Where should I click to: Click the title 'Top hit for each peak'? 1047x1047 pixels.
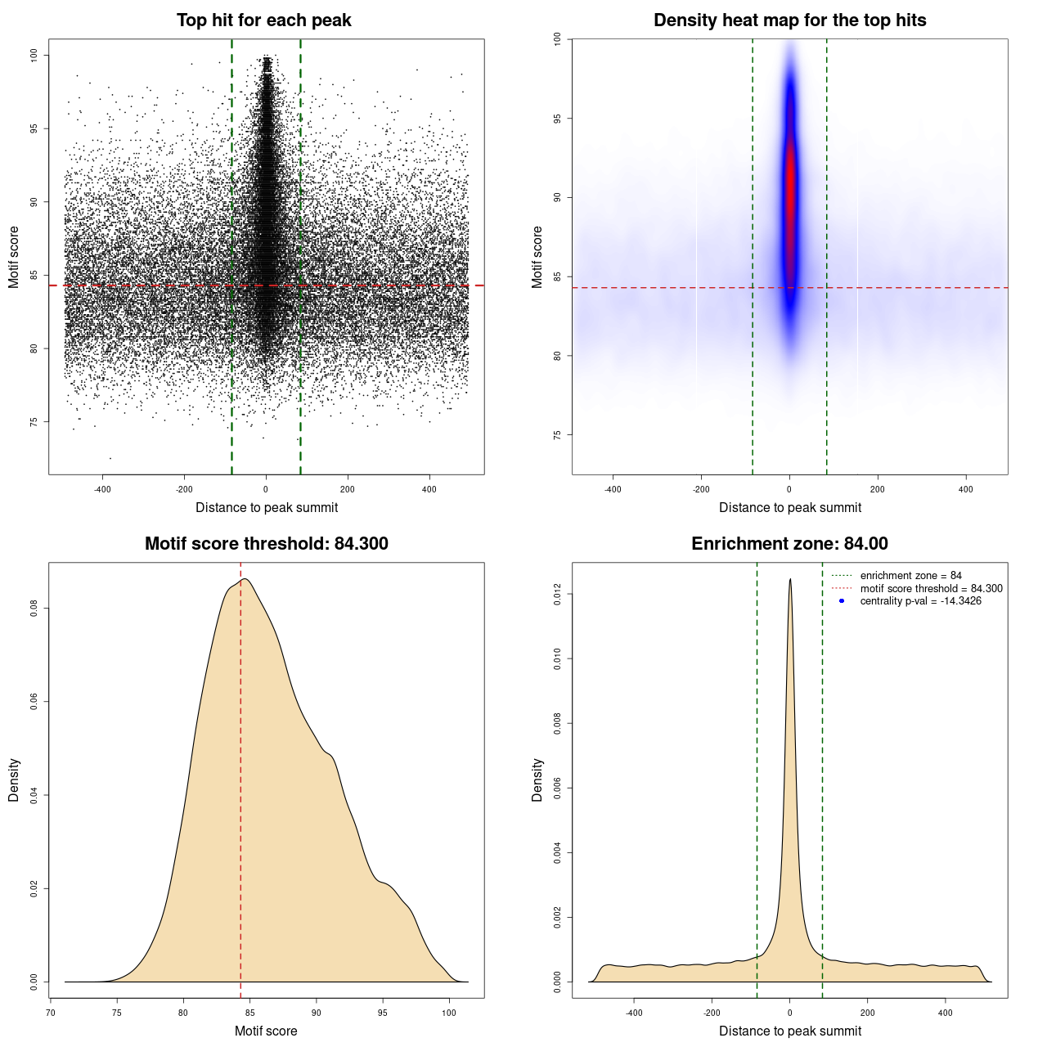pos(263,20)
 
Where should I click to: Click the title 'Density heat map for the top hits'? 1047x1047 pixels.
pos(789,20)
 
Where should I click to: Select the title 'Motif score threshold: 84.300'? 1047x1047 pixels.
pos(266,544)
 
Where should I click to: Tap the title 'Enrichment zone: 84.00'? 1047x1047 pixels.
pos(789,544)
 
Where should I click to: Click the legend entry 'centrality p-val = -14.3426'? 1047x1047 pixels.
pos(920,601)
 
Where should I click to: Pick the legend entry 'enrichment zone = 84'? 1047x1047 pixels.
pos(910,576)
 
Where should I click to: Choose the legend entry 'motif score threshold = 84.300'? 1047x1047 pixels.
pos(931,589)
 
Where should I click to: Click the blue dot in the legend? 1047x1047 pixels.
pos(842,601)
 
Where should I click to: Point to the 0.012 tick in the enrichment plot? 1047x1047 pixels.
pos(558,594)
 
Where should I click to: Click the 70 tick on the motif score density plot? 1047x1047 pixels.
pos(51,1013)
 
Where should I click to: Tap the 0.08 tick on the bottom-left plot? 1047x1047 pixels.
pos(34,609)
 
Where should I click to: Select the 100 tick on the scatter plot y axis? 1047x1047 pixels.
pos(34,55)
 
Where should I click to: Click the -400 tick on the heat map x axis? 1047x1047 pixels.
pos(613,489)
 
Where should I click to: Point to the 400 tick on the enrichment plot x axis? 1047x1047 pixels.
pos(946,1013)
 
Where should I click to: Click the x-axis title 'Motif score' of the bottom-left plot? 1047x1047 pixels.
pos(266,1031)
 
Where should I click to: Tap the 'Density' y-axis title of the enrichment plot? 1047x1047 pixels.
pos(537,780)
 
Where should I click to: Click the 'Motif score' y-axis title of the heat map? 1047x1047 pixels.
pos(537,257)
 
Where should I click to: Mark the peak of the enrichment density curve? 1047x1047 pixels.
pos(790,579)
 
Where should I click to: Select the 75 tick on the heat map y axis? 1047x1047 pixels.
pos(558,434)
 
